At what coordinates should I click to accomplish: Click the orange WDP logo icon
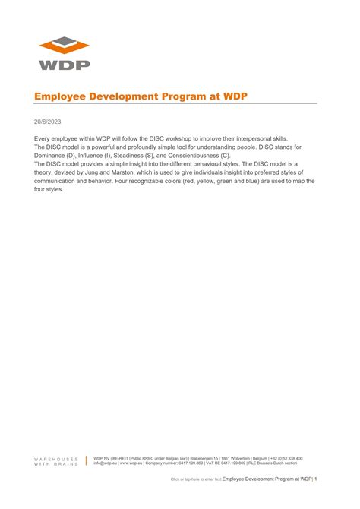point(65,45)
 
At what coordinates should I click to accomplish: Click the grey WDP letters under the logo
point(65,65)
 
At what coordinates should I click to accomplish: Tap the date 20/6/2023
point(46,120)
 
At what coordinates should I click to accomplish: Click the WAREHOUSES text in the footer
point(55,459)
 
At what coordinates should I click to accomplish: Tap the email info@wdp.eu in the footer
point(105,463)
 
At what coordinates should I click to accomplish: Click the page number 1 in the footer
point(316,479)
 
